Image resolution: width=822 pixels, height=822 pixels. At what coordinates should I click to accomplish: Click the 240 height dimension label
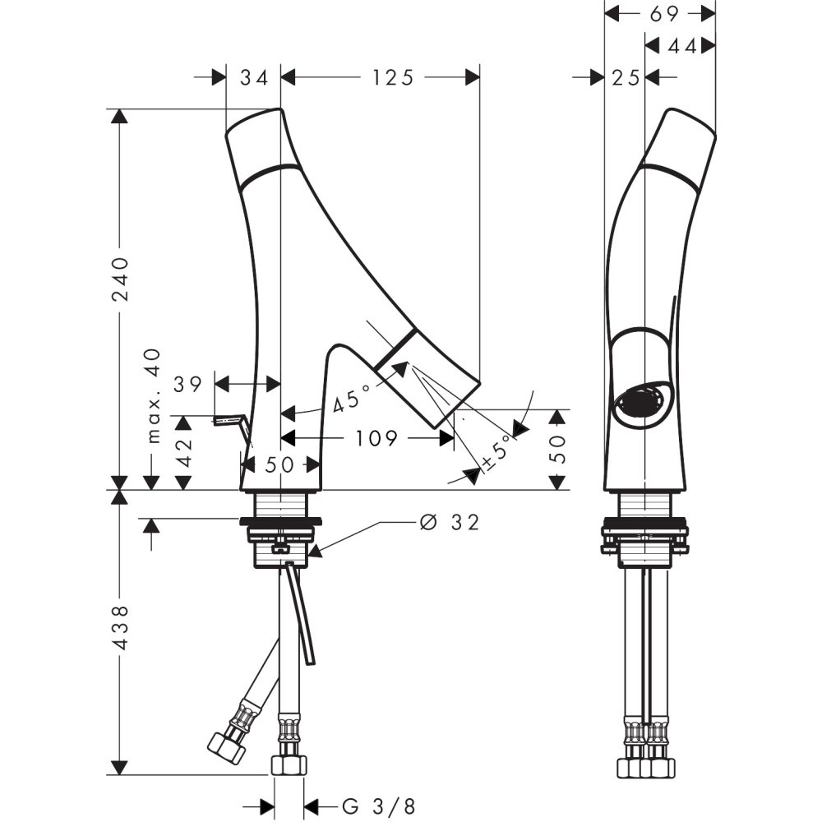click(120, 279)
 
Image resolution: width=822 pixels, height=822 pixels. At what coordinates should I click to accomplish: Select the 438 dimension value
click(120, 629)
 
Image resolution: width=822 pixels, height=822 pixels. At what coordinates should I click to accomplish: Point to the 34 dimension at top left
click(254, 77)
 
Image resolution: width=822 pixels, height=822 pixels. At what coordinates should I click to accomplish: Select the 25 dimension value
click(626, 77)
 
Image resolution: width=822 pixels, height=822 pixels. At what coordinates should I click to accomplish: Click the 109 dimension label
click(378, 439)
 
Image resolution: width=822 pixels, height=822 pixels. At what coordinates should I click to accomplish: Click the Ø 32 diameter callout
click(449, 522)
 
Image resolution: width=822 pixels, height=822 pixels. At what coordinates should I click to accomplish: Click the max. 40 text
click(153, 395)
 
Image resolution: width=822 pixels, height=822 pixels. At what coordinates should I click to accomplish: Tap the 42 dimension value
click(185, 451)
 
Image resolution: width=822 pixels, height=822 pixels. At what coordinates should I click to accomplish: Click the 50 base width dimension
click(279, 464)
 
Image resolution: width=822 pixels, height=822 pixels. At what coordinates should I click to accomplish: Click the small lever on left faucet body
click(231, 423)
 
